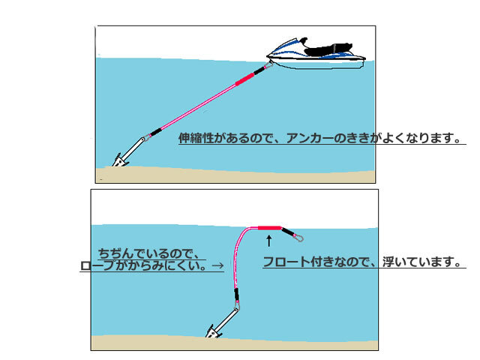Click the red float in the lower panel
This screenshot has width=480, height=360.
pyautogui.click(x=268, y=227)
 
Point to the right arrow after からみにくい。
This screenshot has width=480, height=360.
pyautogui.click(x=218, y=265)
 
